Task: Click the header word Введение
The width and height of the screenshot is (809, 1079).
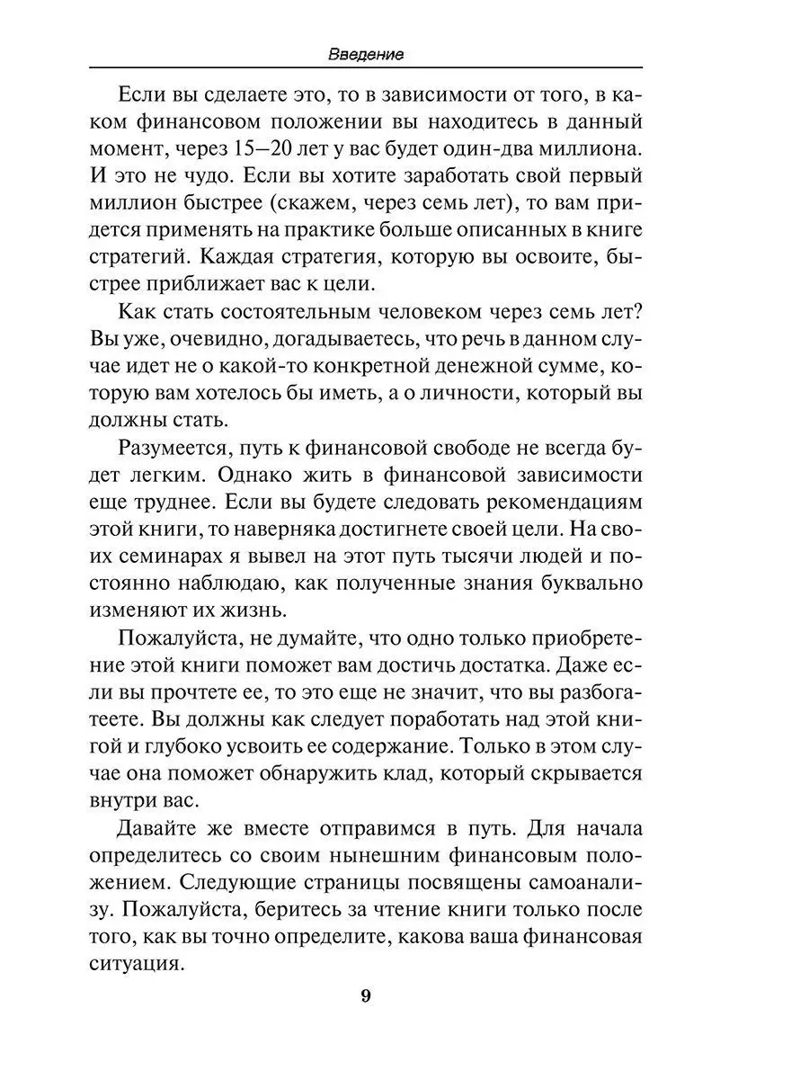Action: [365, 54]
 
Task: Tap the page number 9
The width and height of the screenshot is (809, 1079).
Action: [365, 995]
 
